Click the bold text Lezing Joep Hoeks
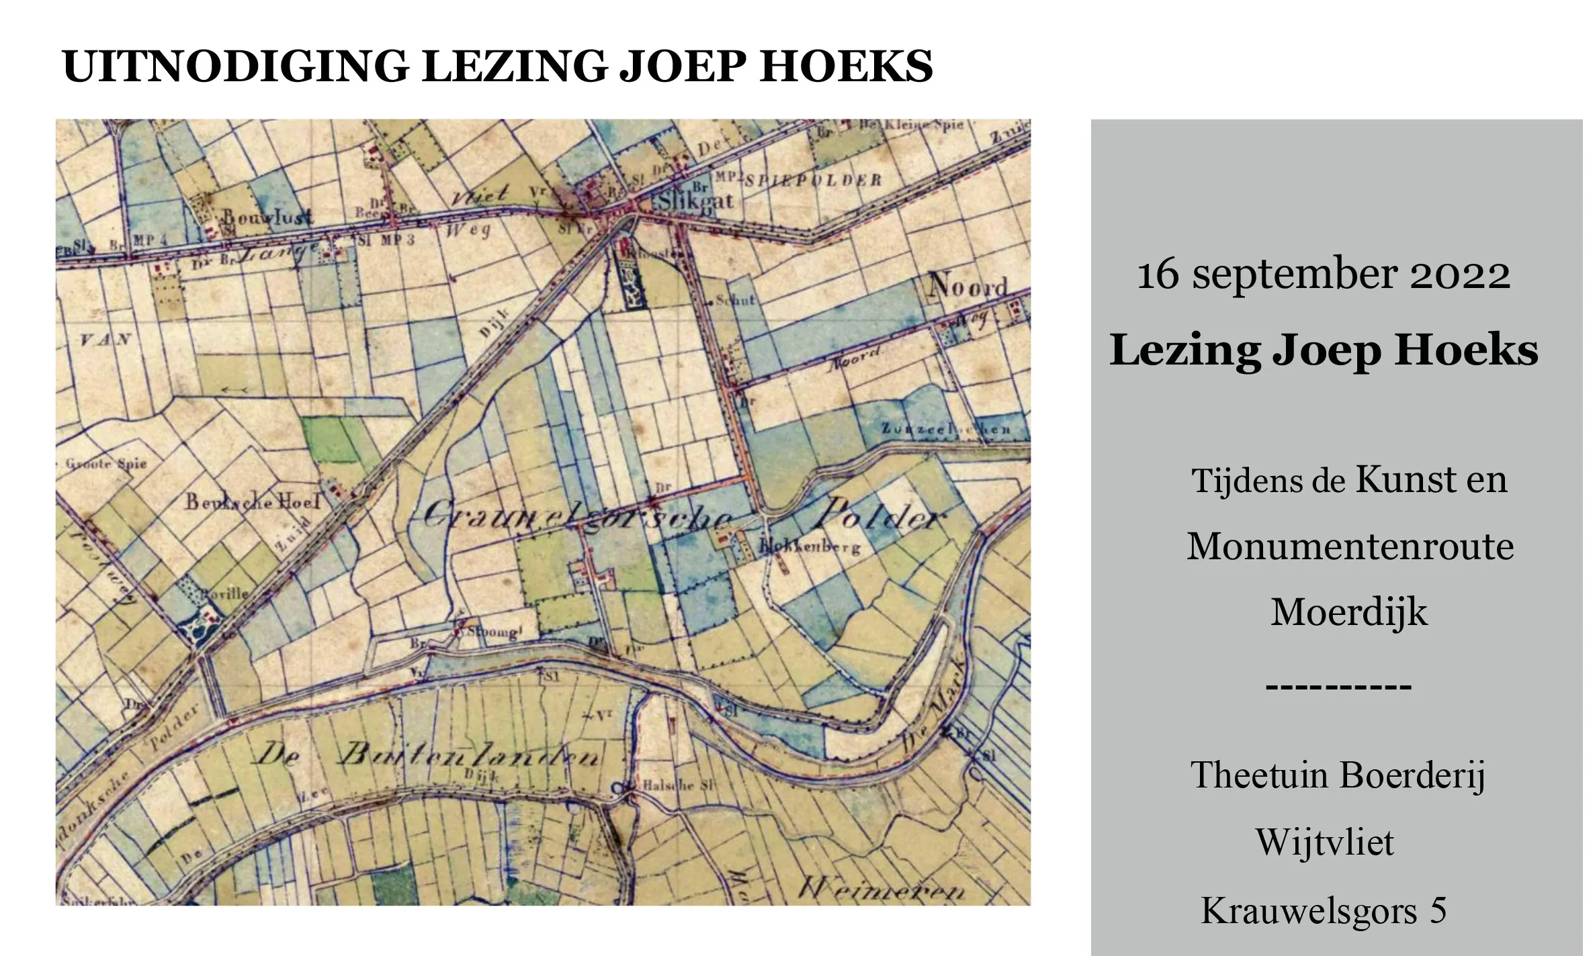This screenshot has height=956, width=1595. (1324, 350)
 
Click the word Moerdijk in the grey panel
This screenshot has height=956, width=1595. (1348, 612)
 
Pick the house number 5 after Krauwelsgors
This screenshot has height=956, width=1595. (1438, 911)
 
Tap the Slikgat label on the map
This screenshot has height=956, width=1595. (695, 201)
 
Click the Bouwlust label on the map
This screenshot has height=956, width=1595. (267, 217)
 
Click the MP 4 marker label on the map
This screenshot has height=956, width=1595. (144, 241)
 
